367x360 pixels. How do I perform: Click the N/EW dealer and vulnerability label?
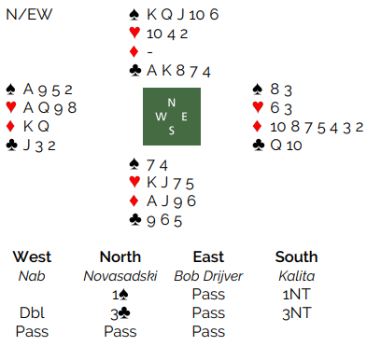click(29, 15)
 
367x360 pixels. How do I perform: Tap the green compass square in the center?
click(172, 117)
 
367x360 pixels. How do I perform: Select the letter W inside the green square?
click(161, 117)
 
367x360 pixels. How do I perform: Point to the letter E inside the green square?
click(184, 117)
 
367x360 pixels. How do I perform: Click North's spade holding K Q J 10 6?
click(183, 15)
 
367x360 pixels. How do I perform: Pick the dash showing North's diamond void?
click(149, 52)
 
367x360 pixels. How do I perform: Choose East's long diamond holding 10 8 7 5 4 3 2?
click(317, 127)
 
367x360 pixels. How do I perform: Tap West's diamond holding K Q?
click(36, 126)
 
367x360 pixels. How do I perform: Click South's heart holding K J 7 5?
click(170, 183)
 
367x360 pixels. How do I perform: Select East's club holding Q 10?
click(286, 145)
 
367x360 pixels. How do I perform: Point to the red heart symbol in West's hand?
click(11, 107)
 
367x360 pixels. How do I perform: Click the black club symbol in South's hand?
click(135, 220)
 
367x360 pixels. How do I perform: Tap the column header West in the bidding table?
click(32, 256)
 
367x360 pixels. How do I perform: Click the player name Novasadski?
click(120, 276)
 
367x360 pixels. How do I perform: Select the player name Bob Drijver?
click(208, 276)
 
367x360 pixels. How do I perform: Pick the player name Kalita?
click(297, 276)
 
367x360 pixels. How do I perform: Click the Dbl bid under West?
click(32, 312)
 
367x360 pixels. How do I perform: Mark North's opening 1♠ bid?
click(120, 295)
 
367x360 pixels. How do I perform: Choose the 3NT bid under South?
click(297, 313)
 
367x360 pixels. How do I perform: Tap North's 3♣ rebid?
click(120, 313)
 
